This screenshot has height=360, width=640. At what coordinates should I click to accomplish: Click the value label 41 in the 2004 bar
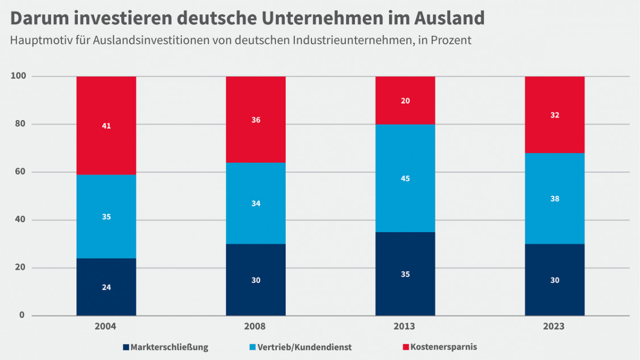106,126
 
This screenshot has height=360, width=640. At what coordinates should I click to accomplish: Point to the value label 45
405,179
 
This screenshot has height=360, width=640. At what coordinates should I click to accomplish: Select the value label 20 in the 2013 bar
405,101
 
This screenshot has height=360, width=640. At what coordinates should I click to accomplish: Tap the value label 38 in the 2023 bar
554,199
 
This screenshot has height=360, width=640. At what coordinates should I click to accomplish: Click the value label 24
106,287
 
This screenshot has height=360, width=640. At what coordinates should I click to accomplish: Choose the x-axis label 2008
255,327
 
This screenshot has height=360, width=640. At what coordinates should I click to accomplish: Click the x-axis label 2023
554,327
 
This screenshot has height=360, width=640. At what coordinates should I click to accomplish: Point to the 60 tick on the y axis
20,172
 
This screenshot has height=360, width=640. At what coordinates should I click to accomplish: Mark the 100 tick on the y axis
18,76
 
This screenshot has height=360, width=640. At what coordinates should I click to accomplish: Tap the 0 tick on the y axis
22,315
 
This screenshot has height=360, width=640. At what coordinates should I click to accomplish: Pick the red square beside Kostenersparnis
405,347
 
